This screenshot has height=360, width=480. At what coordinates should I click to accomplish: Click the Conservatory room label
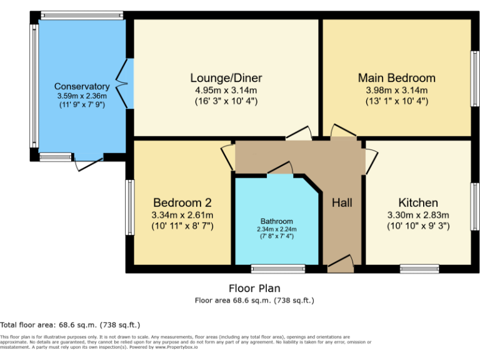click(x=82, y=86)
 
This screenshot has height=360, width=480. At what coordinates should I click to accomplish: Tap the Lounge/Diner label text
click(x=226, y=78)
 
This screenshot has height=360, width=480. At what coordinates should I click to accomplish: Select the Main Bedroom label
click(x=396, y=78)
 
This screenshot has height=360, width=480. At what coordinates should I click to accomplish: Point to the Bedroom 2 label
click(x=182, y=203)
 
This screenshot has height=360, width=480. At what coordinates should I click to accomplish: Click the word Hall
click(x=342, y=203)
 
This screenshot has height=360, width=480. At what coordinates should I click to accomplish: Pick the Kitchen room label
click(x=418, y=203)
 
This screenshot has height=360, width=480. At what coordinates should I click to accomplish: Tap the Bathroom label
click(x=276, y=221)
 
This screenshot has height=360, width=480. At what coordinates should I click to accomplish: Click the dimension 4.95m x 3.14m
click(x=226, y=90)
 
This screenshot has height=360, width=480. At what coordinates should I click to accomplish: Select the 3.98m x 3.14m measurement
click(x=396, y=90)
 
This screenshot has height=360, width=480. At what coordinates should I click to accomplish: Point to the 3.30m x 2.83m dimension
click(x=418, y=215)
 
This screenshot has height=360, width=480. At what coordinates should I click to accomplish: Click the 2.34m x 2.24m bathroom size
click(x=276, y=229)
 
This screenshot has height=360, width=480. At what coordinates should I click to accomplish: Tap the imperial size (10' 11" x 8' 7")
click(x=182, y=226)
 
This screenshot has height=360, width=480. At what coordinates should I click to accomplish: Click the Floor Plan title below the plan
click(x=254, y=288)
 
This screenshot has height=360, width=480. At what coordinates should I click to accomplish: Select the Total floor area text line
click(x=70, y=325)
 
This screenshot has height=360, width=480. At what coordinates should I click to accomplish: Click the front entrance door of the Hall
click(x=340, y=265)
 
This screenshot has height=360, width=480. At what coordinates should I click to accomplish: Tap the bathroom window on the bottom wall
click(x=278, y=269)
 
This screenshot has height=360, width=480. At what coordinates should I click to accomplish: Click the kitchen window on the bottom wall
click(x=419, y=269)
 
